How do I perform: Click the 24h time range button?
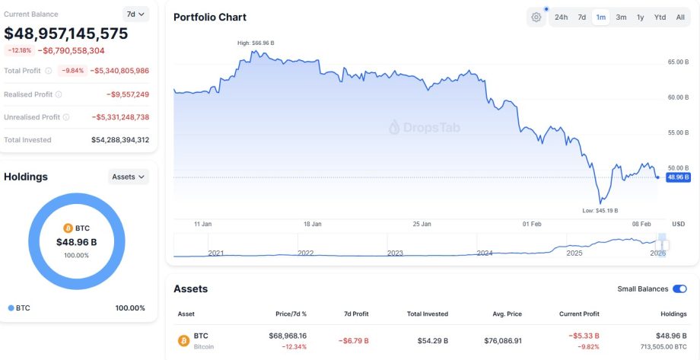point(561,18)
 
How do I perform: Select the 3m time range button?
point(621,18)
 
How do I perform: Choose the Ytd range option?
point(660,18)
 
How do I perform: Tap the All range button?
point(680,18)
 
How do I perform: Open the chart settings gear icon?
point(536,18)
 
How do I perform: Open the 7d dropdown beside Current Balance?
point(135,14)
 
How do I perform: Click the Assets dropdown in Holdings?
point(129,177)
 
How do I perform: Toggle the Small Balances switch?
point(679,289)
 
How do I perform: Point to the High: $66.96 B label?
point(256,43)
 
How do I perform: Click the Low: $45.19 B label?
point(600,210)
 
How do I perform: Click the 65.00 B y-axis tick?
point(677,62)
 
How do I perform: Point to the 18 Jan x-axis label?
point(312,225)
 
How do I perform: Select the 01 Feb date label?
point(532,225)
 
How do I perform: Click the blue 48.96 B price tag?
point(678,177)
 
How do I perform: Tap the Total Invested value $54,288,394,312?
point(120,140)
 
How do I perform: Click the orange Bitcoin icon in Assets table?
point(183,340)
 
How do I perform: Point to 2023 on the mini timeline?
point(395,253)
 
